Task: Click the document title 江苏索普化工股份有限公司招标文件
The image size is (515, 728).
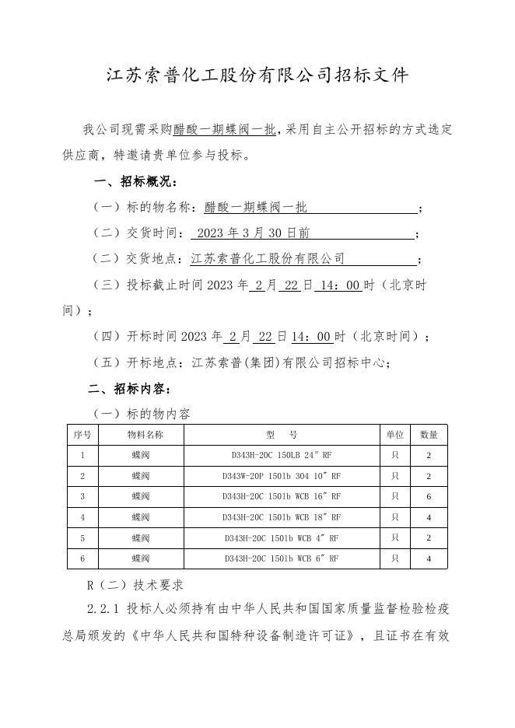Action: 257,75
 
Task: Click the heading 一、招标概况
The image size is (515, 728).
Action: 135,182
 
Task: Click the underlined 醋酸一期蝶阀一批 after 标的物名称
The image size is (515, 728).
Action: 256,208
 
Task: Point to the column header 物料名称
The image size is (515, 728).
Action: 140,435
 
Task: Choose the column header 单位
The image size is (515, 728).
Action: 394,435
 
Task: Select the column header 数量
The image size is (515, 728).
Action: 429,435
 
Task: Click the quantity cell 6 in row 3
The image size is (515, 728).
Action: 429,496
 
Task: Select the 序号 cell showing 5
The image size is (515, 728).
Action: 82,537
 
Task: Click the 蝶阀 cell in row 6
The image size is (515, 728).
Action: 140,558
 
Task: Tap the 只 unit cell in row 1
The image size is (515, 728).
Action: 394,455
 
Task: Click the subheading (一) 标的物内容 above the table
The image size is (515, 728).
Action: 142,413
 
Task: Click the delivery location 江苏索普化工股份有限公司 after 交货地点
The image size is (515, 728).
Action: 268,258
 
